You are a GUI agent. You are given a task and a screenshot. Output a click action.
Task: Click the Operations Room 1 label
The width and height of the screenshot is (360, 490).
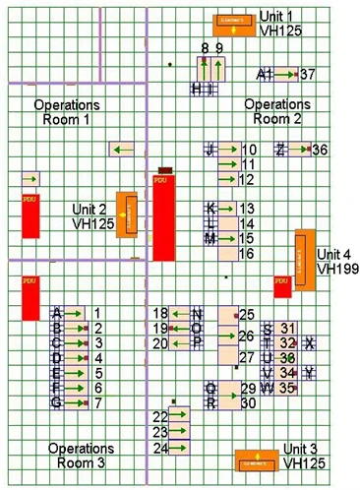coord(66,111)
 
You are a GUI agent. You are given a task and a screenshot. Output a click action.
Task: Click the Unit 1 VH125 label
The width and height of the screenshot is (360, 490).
coord(280,24)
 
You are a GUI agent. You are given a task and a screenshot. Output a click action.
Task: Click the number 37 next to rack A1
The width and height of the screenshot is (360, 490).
coord(307,74)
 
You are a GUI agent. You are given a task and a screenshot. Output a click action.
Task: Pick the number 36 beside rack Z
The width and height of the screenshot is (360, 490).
coord(319,150)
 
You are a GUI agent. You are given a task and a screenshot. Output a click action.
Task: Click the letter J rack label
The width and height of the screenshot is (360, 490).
coord(209,150)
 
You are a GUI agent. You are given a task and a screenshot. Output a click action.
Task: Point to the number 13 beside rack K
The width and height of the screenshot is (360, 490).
coord(247,209)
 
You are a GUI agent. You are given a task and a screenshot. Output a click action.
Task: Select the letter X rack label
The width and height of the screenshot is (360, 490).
coord(310,342)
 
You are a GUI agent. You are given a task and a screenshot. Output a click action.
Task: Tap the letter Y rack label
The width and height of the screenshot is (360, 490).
coord(310,372)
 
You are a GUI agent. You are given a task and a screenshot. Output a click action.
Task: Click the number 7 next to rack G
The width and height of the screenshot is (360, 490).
coord(97,402)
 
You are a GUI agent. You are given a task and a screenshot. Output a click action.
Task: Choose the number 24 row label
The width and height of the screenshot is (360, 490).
coord(160,448)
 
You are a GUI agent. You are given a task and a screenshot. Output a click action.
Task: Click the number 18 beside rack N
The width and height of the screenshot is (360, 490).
coord(160,313)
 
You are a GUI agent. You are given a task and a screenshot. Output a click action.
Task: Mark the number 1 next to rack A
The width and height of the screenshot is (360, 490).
coord(97,313)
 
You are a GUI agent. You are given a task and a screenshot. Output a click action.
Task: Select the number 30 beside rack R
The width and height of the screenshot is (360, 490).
coord(248,402)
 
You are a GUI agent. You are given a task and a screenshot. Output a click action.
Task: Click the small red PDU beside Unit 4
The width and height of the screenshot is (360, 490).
coord(281,285)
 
